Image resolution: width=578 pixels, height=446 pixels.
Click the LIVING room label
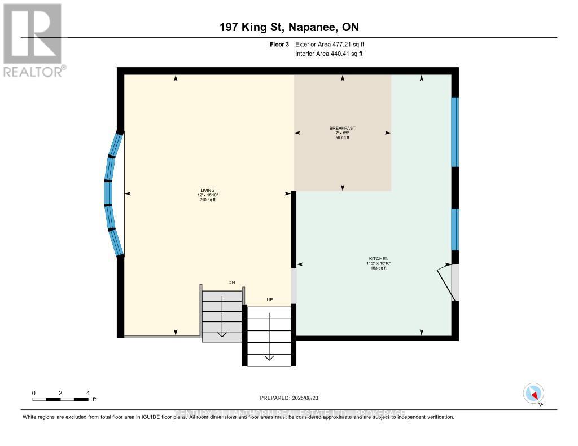coord(207,190)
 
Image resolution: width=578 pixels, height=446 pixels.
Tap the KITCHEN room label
coord(378,258)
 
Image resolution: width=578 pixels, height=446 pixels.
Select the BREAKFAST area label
coord(342,128)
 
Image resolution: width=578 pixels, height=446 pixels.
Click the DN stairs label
coord(231,282)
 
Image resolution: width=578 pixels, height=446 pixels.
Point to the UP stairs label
coord(270,299)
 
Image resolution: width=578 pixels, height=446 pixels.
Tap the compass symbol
coord(533,393)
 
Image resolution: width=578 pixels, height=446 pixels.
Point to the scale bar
coord(60,399)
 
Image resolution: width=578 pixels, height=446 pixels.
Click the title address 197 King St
coord(289,27)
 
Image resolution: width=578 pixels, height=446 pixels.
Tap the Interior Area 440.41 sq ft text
coord(329,54)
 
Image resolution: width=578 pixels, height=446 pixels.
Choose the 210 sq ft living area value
coord(207,200)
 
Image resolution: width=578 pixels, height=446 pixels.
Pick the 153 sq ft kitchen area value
coord(378,268)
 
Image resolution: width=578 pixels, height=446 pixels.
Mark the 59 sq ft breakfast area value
coord(342,138)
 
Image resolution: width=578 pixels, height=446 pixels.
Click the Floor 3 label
coord(280,44)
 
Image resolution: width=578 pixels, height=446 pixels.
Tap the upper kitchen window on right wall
coord(455,132)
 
